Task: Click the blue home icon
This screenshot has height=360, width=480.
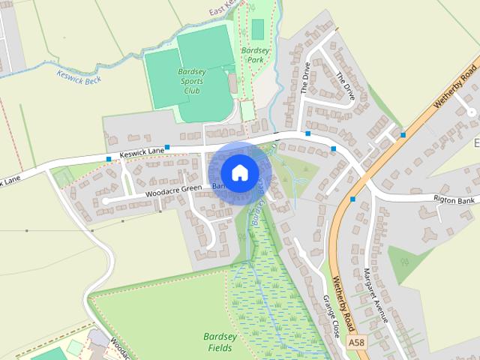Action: (x=238, y=172)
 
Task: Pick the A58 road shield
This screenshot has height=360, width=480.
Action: (x=356, y=342)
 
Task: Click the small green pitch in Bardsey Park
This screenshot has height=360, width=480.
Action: (x=258, y=29)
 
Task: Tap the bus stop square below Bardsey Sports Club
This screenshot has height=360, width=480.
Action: (x=167, y=147)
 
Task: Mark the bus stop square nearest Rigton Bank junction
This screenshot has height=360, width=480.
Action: (x=352, y=199)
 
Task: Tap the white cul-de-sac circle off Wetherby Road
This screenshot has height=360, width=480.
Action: (x=471, y=112)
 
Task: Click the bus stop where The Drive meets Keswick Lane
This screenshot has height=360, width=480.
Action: (x=307, y=133)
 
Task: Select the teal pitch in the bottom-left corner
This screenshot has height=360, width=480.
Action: (x=49, y=354)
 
